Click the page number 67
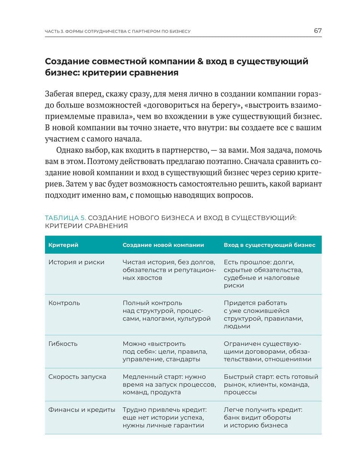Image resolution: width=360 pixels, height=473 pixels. (x=318, y=31)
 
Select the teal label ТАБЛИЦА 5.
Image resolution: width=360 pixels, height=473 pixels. (x=66, y=218)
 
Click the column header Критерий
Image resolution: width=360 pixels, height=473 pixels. (x=63, y=245)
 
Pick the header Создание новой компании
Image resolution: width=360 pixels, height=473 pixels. (x=163, y=245)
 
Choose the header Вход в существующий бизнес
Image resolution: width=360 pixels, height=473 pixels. (x=269, y=245)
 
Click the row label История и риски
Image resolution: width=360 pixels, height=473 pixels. (x=76, y=262)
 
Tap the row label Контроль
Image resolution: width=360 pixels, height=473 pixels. (x=64, y=303)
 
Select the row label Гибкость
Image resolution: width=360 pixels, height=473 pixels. (x=63, y=344)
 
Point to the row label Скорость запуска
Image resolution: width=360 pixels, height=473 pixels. (x=77, y=377)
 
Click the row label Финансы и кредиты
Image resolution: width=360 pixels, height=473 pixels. (x=82, y=410)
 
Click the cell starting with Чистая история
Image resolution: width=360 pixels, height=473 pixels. (x=169, y=270)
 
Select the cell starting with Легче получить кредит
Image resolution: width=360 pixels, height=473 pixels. (x=263, y=417)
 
